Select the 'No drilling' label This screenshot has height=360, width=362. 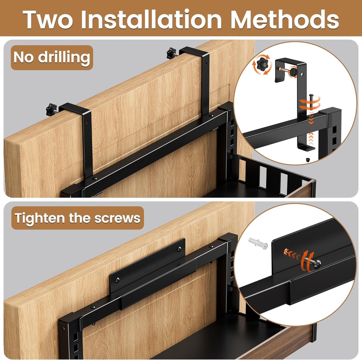(x=52, y=57)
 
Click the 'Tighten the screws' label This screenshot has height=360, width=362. (x=77, y=218)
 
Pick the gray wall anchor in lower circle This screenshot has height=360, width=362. (x=258, y=243)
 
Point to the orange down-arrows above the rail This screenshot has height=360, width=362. (x=311, y=119)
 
